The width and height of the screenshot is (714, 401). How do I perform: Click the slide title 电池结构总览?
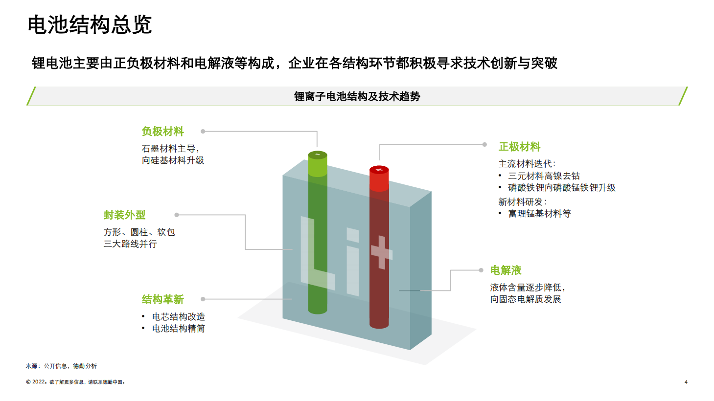90,24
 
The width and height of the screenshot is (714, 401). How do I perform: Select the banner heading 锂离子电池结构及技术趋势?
357,96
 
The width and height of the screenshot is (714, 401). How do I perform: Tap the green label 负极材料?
162,131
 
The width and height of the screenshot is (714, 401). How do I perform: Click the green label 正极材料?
520,147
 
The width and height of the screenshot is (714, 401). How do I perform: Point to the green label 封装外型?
124,215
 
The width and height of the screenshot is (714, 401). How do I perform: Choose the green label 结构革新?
162,299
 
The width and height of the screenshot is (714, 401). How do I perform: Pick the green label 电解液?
506,270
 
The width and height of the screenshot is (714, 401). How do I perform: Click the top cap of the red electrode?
379,170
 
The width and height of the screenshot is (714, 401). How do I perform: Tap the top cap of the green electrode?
318,155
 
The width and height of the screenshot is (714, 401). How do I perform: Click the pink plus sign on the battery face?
382,252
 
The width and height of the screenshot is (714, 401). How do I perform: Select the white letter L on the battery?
318,253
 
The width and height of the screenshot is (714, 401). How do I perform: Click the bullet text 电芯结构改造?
179,316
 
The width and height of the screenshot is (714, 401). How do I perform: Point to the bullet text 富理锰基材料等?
540,213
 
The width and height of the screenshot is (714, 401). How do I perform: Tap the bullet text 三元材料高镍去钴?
544,176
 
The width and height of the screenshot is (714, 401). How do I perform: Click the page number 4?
686,382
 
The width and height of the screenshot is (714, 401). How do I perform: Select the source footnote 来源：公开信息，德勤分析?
61,366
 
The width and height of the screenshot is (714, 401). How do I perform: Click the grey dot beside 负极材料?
203,131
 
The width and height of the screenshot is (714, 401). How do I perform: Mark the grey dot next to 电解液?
481,270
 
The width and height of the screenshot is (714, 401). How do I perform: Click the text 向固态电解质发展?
526,299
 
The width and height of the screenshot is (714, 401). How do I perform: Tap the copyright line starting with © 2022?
75,382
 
